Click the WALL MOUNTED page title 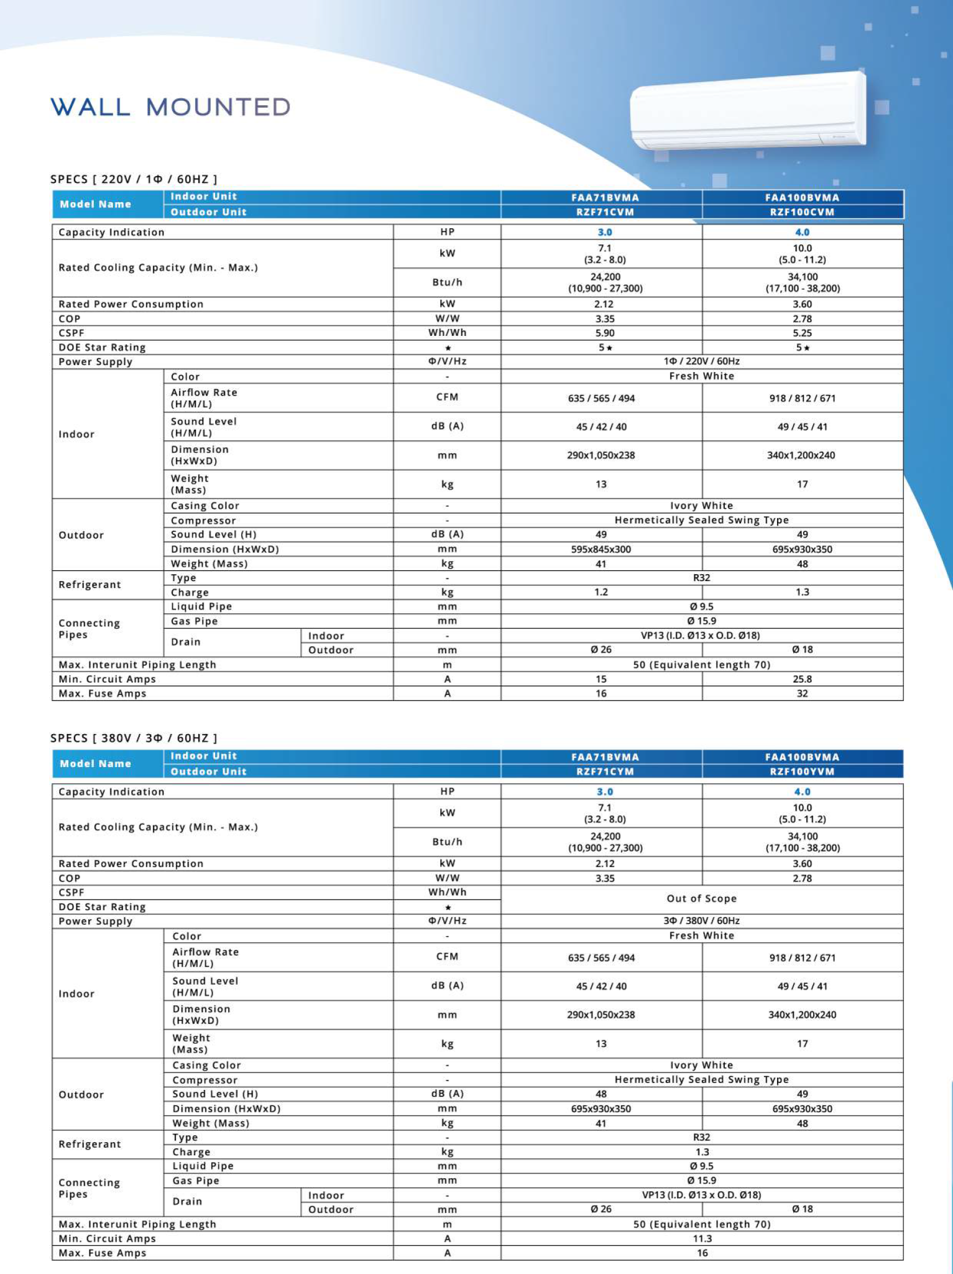pos(170,107)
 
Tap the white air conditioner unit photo pos(748,111)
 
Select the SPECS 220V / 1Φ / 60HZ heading pos(134,179)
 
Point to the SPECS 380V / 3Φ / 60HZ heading pos(134,738)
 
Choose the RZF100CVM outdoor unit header pos(802,212)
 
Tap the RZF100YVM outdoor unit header pos(802,771)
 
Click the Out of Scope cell pos(701,899)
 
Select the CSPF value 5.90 pos(604,333)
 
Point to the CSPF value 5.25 pos(802,333)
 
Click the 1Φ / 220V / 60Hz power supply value pos(701,361)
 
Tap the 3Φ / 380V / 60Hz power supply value pos(701,921)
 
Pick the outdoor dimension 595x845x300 pos(601,549)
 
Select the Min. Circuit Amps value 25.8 pos(802,679)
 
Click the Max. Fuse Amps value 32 pos(802,694)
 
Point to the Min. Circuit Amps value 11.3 pos(702,1239)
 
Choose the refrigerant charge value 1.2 pos(601,592)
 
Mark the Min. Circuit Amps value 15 pos(601,679)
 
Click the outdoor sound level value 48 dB pos(601,1094)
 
